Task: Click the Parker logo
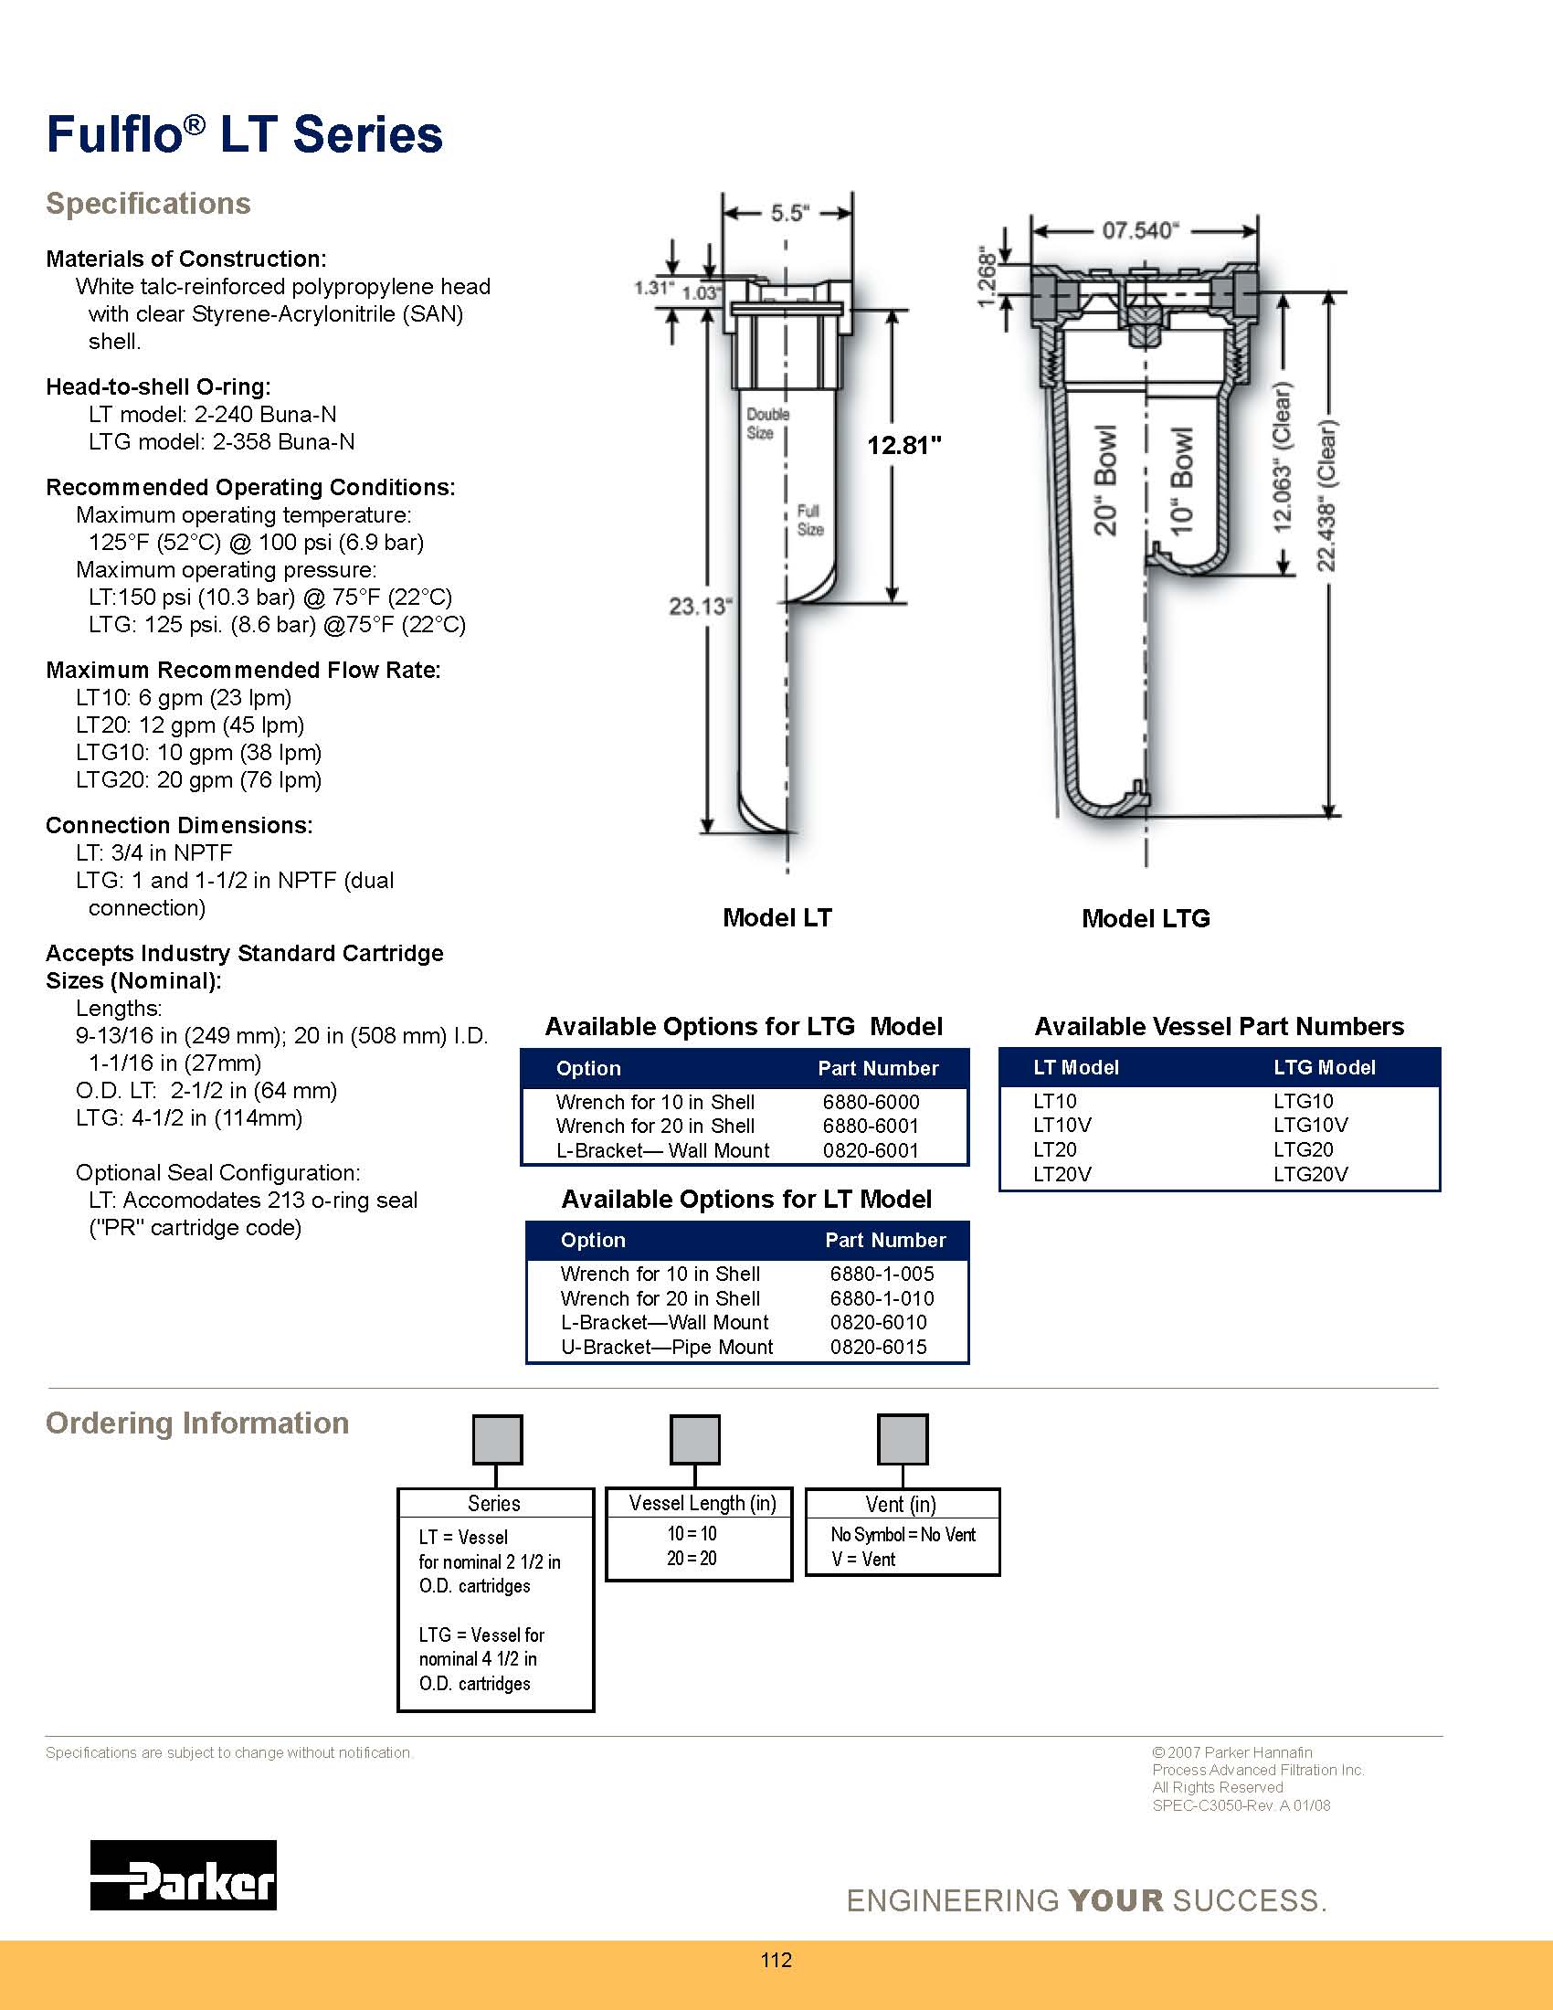click(x=183, y=1874)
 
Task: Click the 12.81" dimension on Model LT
click(x=904, y=447)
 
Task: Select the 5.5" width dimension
click(x=788, y=214)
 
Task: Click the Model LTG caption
click(x=1146, y=918)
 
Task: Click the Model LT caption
click(x=776, y=917)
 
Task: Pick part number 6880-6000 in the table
click(x=871, y=1102)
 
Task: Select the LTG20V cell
click(x=1310, y=1174)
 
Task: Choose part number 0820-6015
click(x=878, y=1347)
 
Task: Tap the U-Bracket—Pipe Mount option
click(x=667, y=1347)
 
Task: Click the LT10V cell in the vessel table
click(x=1062, y=1125)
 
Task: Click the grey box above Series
click(x=497, y=1439)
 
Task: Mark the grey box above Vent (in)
click(x=903, y=1439)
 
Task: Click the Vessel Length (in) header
click(x=702, y=1504)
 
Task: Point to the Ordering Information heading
click(x=198, y=1423)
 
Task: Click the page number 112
click(x=776, y=1960)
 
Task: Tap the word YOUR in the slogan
click(x=1116, y=1899)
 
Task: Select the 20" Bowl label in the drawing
click(x=1105, y=480)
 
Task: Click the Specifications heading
click(x=148, y=204)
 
